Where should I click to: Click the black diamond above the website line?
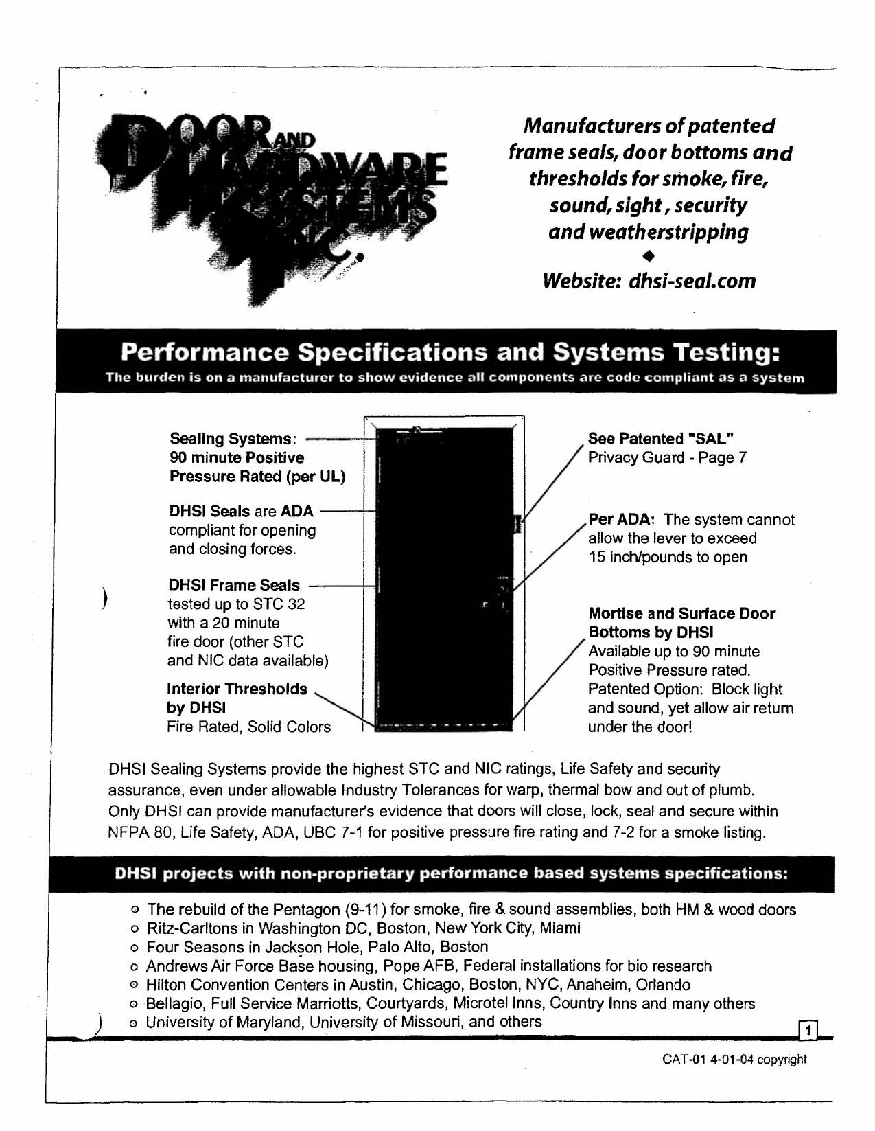[x=649, y=256]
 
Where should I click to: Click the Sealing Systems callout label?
[x=232, y=439]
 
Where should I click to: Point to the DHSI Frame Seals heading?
[x=234, y=585]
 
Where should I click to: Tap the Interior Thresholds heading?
[x=237, y=689]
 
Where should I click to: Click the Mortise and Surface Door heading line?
[x=681, y=614]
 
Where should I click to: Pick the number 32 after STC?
[x=296, y=604]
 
